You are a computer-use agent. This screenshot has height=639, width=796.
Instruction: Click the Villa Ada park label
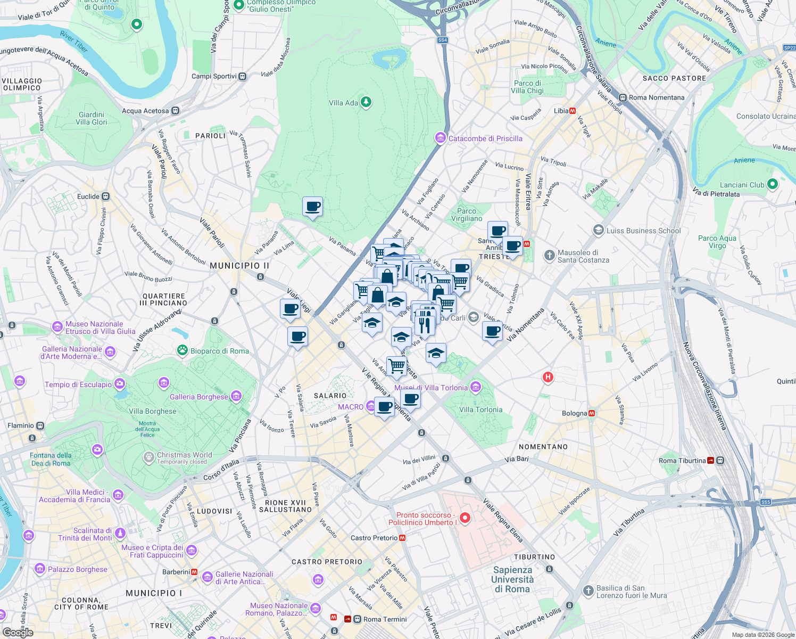pyautogui.click(x=343, y=103)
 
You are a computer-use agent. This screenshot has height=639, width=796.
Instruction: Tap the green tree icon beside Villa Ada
pyautogui.click(x=366, y=102)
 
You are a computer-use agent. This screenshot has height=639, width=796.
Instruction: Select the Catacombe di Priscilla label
pyautogui.click(x=485, y=138)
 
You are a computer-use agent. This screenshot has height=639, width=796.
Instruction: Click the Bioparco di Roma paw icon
pyautogui.click(x=183, y=350)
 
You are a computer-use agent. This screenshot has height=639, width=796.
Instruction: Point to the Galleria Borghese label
pyautogui.click(x=198, y=397)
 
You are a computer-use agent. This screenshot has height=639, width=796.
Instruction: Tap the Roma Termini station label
pyautogui.click(x=385, y=619)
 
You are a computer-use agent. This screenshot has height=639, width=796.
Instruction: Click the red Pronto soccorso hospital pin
pyautogui.click(x=465, y=518)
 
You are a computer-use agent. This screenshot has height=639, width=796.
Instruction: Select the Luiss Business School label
pyautogui.click(x=643, y=231)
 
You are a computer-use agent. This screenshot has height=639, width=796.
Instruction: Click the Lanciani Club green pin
pyautogui.click(x=773, y=184)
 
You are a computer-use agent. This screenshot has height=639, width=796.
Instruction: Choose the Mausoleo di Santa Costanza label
pyautogui.click(x=583, y=257)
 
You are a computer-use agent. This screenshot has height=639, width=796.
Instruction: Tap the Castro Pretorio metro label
pyautogui.click(x=374, y=538)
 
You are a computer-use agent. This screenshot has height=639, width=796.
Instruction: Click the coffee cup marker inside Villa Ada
pyautogui.click(x=312, y=207)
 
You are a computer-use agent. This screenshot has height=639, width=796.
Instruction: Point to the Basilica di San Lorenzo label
pyautogui.click(x=631, y=592)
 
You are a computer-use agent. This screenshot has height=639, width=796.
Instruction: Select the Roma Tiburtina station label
pyautogui.click(x=682, y=461)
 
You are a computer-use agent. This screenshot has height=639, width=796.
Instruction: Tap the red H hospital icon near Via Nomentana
pyautogui.click(x=548, y=378)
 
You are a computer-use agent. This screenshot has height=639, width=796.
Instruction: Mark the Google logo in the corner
pyautogui.click(x=18, y=632)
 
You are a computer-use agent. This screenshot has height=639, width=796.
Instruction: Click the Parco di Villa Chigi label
pyautogui.click(x=527, y=87)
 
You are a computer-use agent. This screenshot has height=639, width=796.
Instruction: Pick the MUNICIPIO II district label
pyautogui.click(x=239, y=266)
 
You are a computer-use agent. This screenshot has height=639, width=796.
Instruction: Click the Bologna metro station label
pyautogui.click(x=575, y=413)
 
